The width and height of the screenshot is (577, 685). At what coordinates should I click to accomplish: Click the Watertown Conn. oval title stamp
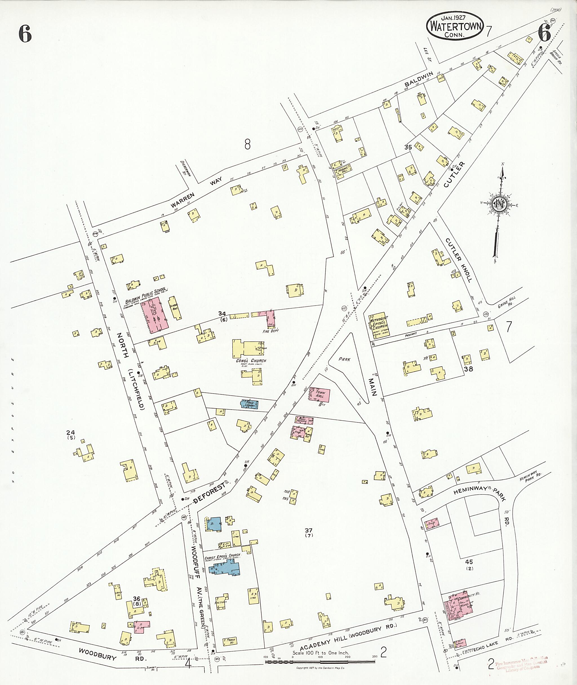click(x=455, y=27)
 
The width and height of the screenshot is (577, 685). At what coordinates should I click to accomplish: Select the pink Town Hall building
click(x=319, y=395)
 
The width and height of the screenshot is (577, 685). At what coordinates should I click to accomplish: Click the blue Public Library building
click(x=250, y=404)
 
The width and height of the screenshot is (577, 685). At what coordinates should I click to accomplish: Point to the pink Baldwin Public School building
click(x=155, y=315)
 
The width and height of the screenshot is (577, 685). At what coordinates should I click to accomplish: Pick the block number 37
click(x=309, y=530)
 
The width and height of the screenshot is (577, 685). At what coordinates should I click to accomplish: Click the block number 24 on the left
click(x=70, y=433)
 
